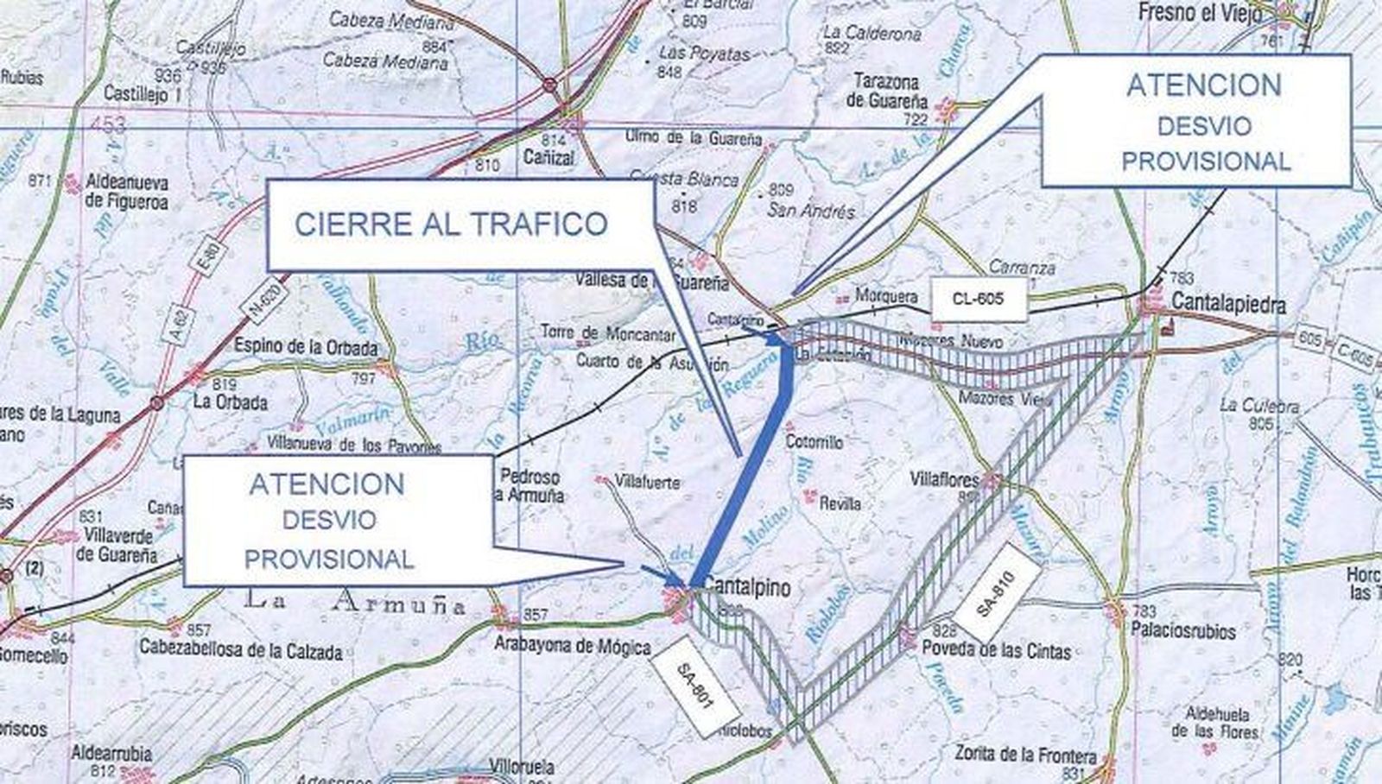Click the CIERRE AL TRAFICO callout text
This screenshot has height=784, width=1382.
point(451,224)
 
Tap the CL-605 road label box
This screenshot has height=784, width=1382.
point(979,299)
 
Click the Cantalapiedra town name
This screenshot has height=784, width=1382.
point(1229,305)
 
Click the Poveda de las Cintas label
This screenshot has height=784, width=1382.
point(996,651)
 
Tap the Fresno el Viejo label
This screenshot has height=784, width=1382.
point(1199,13)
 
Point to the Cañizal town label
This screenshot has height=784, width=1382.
point(548,158)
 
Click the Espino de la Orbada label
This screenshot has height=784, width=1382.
point(306,348)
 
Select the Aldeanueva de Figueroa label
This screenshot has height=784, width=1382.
point(126,193)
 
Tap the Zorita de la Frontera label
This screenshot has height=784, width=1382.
point(1026,754)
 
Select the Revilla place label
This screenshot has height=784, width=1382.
point(840,503)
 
